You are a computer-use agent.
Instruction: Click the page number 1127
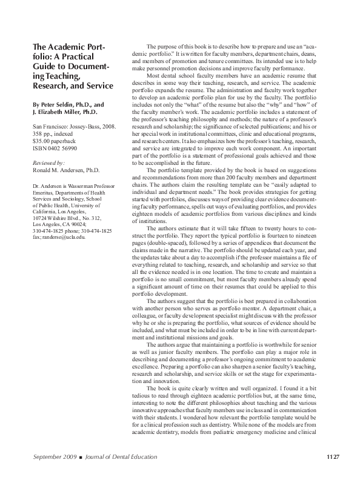[x=334, y=456]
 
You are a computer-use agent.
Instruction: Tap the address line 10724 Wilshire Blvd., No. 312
[x=67, y=216]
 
